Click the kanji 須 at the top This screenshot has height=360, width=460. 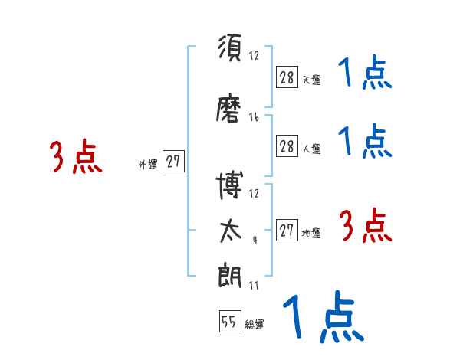(230, 51)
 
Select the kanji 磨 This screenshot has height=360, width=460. (230, 112)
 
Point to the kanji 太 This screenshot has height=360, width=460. (230, 231)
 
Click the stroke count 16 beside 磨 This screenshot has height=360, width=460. (254, 117)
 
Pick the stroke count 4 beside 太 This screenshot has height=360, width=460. (254, 239)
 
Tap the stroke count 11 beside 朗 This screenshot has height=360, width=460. (254, 286)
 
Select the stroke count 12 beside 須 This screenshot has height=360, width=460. (254, 55)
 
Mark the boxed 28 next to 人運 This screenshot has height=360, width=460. (287, 147)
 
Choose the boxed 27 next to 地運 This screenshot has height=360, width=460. (287, 231)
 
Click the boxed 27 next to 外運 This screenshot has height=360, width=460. (173, 162)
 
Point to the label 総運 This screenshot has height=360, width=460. (255, 325)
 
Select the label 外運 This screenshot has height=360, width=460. (147, 164)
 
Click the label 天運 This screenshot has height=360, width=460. (311, 79)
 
